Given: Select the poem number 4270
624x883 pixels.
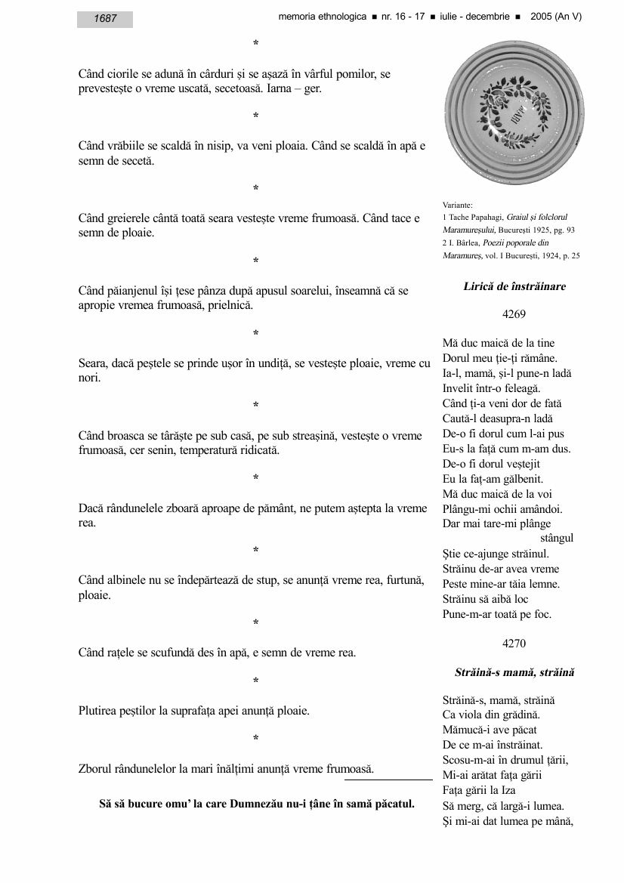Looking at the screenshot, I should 514,644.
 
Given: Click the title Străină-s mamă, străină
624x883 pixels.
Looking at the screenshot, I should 514,672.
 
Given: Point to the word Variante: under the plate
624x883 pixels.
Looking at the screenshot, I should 458,204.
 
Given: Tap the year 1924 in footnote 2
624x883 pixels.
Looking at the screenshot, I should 545,255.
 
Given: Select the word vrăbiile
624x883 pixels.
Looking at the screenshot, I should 127,147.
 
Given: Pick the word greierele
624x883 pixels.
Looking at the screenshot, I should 131,219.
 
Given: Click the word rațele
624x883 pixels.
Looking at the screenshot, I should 123,653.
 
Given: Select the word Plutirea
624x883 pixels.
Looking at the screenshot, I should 98,711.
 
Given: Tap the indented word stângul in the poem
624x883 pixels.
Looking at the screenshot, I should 557,539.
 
